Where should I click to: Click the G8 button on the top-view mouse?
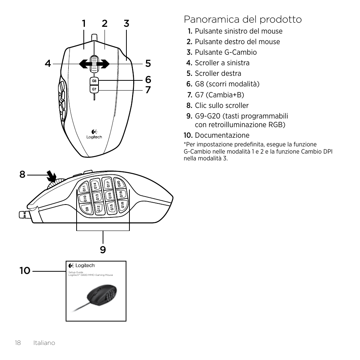[94, 81]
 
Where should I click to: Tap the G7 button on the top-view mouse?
[94, 89]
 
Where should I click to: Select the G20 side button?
[118, 184]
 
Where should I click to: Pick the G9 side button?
[87, 209]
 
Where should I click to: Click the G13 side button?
[97, 197]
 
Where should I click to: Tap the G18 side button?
[122, 205]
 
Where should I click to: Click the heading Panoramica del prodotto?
[243, 19]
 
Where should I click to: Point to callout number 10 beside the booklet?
[25, 271]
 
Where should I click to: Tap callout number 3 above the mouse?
[126, 23]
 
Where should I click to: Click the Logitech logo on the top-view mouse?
[94, 135]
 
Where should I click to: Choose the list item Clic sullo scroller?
[222, 106]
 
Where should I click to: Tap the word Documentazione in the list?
[222, 135]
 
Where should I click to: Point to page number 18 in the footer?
[18, 343]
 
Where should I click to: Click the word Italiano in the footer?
[44, 343]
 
